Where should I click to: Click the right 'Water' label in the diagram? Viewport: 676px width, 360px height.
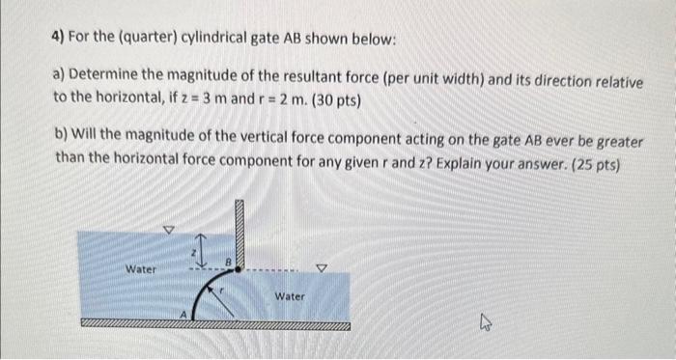click(x=289, y=296)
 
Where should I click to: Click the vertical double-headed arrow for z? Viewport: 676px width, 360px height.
click(x=202, y=249)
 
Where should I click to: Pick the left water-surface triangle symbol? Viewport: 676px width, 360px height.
click(x=168, y=230)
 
